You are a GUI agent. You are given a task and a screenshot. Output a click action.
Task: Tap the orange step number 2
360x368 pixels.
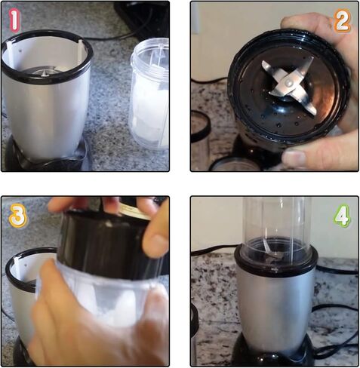pos(342,21)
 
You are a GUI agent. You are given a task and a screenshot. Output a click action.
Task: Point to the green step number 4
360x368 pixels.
pos(342,217)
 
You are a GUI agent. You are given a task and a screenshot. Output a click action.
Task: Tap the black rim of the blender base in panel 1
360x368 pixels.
pos(47,56)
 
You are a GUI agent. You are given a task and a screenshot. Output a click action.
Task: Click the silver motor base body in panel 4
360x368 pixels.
pos(274,302)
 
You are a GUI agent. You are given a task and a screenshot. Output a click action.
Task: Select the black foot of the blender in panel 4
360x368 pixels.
pos(273,351)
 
